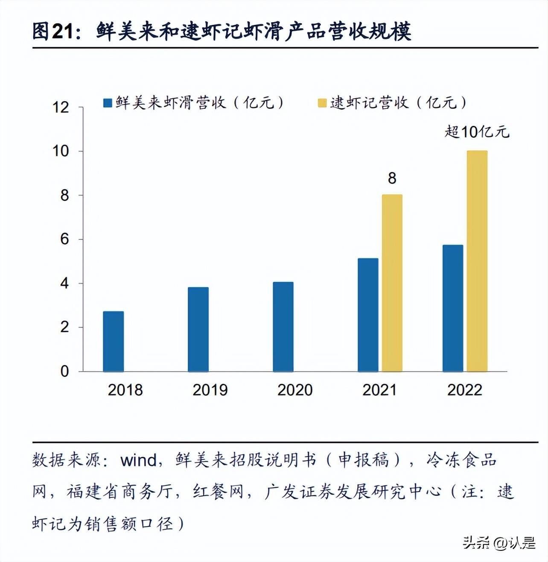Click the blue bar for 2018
(114, 342)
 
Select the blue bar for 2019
(198, 329)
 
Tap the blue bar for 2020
(283, 327)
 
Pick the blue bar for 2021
(368, 315)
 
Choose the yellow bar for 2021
(392, 283)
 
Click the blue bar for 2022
(453, 308)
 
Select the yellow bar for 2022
(477, 261)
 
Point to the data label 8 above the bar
(392, 178)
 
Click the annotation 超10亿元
(477, 132)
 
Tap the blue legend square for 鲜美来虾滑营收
(108, 103)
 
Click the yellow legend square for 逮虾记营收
(322, 103)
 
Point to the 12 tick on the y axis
(61, 107)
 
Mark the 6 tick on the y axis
(64, 239)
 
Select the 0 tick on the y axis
(64, 371)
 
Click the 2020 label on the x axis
(295, 390)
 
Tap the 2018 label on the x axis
(125, 390)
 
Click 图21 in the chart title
(54, 31)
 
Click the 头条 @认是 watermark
(499, 543)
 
